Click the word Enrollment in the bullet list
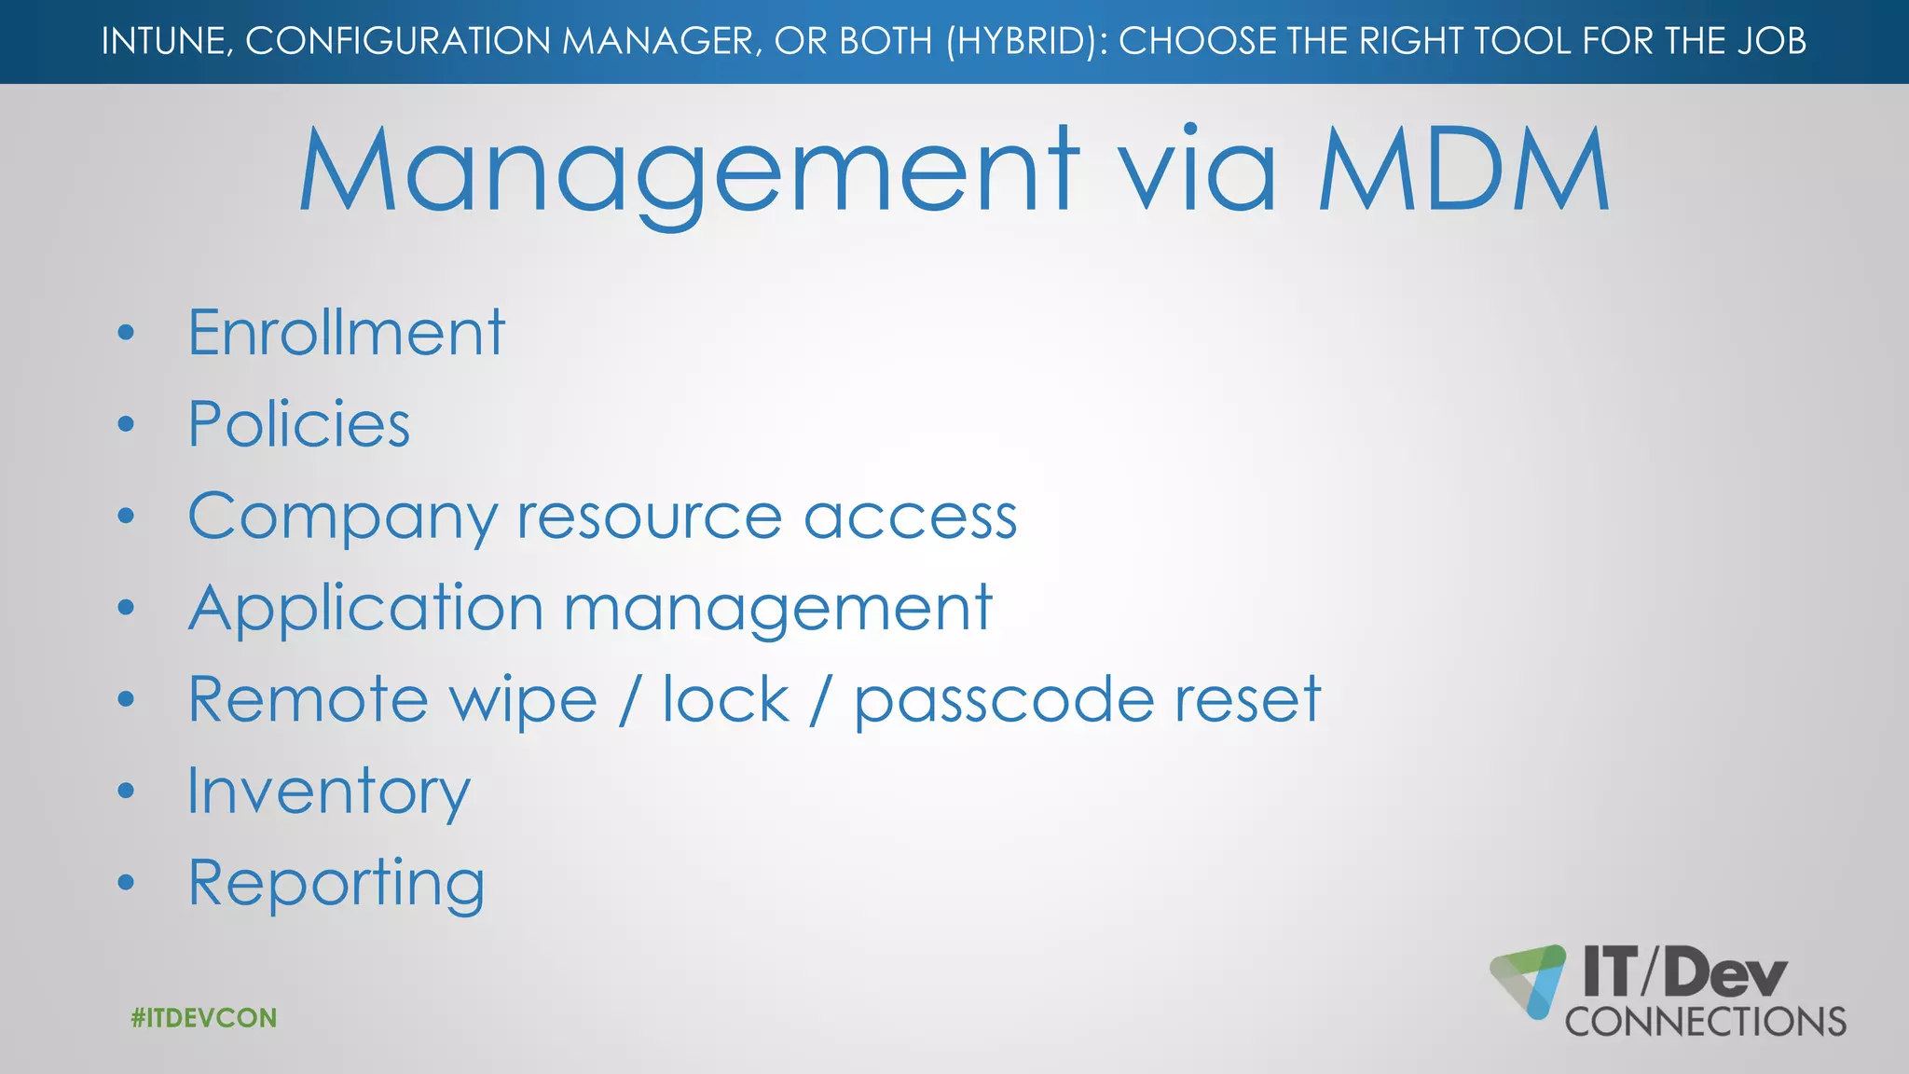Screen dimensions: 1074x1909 346,333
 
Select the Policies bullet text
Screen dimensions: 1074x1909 298,424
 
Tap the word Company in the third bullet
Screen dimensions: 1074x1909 343,517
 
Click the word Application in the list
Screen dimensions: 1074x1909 365,609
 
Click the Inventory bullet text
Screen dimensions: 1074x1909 328,792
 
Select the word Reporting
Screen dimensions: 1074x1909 336,884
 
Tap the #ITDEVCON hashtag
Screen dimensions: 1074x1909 204,1018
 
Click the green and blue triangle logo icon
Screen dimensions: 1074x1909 1529,980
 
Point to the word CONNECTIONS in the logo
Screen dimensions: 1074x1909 1706,1023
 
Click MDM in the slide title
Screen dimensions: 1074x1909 1463,172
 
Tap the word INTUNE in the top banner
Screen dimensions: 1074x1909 166,42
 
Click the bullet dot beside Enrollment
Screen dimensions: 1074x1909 127,333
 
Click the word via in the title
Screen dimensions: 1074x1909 1197,172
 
